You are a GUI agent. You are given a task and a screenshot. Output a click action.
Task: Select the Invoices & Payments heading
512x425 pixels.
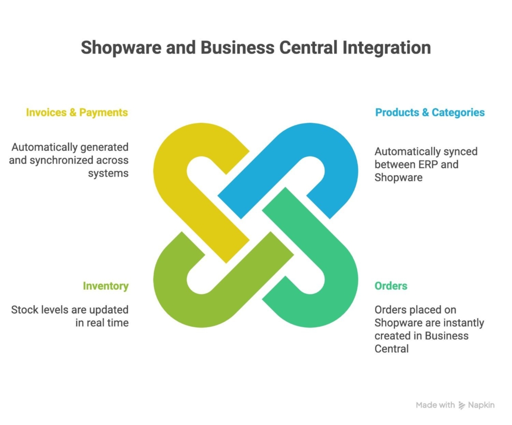click(x=77, y=112)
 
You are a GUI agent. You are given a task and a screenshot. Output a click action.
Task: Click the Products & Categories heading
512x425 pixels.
click(x=430, y=112)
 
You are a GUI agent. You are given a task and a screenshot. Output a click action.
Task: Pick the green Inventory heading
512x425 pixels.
click(x=105, y=286)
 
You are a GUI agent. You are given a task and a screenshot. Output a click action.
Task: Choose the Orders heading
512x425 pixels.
click(x=391, y=286)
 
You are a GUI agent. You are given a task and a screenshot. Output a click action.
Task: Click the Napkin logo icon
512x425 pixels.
click(x=461, y=406)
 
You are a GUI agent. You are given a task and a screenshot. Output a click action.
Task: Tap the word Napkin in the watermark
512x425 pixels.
click(x=481, y=406)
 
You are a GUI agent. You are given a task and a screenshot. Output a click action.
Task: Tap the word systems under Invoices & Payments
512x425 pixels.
click(x=108, y=173)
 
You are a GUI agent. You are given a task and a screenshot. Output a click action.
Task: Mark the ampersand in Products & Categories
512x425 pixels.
click(x=425, y=112)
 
